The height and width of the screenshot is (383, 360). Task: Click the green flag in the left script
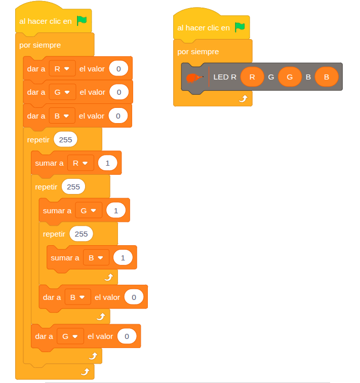tap(82, 21)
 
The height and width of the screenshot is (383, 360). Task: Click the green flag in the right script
tap(240, 27)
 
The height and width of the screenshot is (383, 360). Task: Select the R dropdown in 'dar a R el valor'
tap(62, 68)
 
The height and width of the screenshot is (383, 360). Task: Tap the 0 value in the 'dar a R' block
tap(118, 68)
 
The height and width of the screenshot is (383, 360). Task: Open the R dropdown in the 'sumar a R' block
tap(81, 163)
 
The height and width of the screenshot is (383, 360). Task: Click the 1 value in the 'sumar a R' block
tap(107, 163)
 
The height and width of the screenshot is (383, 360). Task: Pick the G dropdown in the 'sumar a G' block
tap(89, 210)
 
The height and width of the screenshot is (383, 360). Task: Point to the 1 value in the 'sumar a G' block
tap(115, 210)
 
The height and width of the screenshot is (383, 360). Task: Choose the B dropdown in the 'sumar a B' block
tap(96, 258)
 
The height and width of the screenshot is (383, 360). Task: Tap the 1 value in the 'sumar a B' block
tap(123, 258)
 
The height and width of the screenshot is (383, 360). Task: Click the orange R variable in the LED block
tap(252, 77)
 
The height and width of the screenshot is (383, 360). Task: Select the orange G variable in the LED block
tap(290, 77)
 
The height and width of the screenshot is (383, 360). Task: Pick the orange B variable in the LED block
tap(327, 77)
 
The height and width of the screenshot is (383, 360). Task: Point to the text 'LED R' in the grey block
tap(225, 77)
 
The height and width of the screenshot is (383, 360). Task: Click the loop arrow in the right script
tap(243, 99)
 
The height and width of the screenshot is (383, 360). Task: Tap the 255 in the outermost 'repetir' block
tap(65, 139)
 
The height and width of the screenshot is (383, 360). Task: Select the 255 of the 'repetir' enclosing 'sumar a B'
tap(81, 234)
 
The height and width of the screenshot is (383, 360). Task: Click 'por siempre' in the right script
tap(198, 52)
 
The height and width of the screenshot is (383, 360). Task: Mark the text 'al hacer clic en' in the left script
tap(46, 21)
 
